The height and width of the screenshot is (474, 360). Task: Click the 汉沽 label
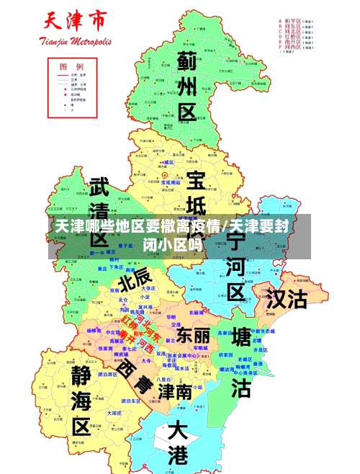[287, 299]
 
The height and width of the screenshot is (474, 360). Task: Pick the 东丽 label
[193, 336]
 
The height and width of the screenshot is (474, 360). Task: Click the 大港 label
[176, 443]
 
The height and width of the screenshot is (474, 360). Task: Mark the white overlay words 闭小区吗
[172, 245]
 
